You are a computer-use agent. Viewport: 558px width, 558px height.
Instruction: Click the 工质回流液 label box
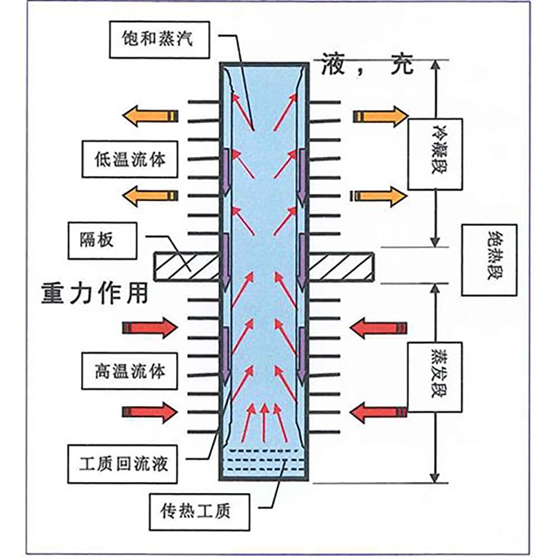click(129, 461)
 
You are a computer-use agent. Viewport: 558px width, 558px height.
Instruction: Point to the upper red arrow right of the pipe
click(378, 327)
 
